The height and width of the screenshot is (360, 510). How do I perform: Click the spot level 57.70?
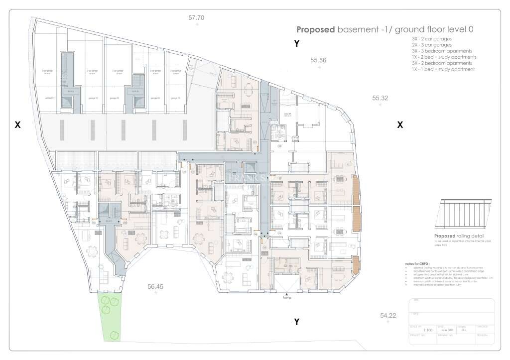point(196,18)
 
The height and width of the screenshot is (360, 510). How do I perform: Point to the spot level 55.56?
point(318,60)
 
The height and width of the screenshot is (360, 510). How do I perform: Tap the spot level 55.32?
point(380,98)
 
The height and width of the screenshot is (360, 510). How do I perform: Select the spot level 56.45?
point(155,286)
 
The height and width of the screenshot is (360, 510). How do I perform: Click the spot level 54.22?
point(387,315)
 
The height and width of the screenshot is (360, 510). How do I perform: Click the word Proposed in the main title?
point(316,29)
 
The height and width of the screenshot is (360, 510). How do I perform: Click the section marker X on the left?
point(17,125)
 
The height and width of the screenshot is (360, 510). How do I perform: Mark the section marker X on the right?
point(399,125)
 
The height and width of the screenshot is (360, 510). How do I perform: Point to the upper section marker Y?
point(296,44)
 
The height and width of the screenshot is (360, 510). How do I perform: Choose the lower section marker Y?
point(296,322)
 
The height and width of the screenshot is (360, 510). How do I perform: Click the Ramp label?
point(286,299)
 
